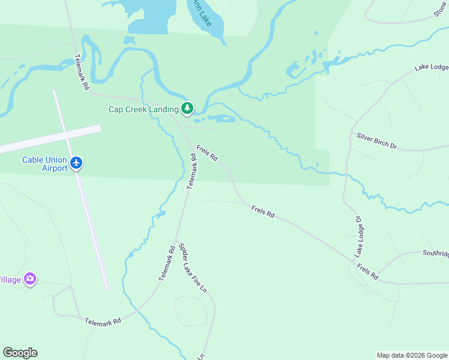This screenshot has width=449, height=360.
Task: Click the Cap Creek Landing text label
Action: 143,109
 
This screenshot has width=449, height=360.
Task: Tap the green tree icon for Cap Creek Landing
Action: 188,108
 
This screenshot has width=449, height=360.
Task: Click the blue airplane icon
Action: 76,163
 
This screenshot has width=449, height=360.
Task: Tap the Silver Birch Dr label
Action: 377,141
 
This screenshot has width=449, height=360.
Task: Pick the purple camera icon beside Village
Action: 29,279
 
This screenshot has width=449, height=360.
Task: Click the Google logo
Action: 20,353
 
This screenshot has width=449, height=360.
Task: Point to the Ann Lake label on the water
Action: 202,13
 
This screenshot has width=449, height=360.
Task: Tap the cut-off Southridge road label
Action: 435,254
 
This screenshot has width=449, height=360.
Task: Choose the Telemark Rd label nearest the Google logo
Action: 103,321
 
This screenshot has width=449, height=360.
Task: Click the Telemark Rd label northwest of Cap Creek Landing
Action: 82,73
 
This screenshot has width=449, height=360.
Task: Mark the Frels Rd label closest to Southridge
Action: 367,272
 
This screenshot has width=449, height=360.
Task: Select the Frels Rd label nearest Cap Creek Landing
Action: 207,155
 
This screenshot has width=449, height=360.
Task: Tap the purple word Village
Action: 10,280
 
